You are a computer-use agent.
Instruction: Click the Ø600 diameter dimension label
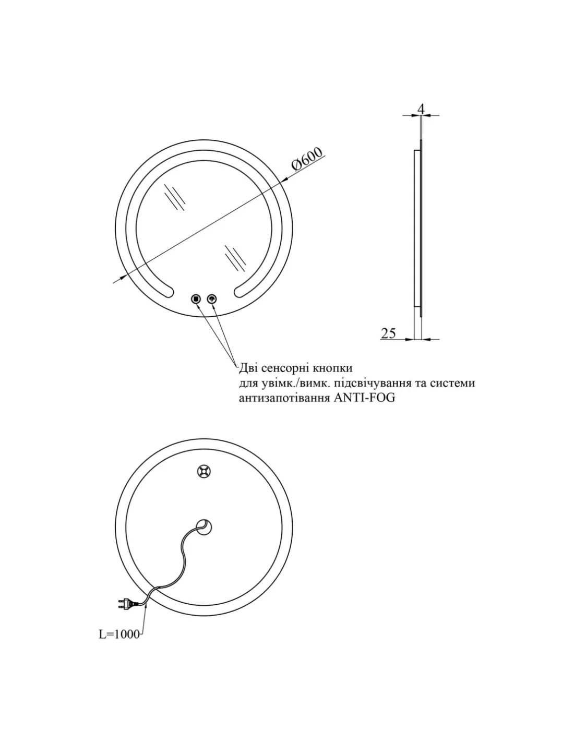coord(307,159)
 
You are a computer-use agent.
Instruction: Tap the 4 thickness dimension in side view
coord(421,109)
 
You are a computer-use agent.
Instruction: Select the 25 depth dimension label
coord(388,333)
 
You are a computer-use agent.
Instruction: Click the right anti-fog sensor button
coord(212,299)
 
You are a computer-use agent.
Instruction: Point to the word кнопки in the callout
coord(332,368)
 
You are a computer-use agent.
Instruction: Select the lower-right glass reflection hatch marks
coord(235,258)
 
